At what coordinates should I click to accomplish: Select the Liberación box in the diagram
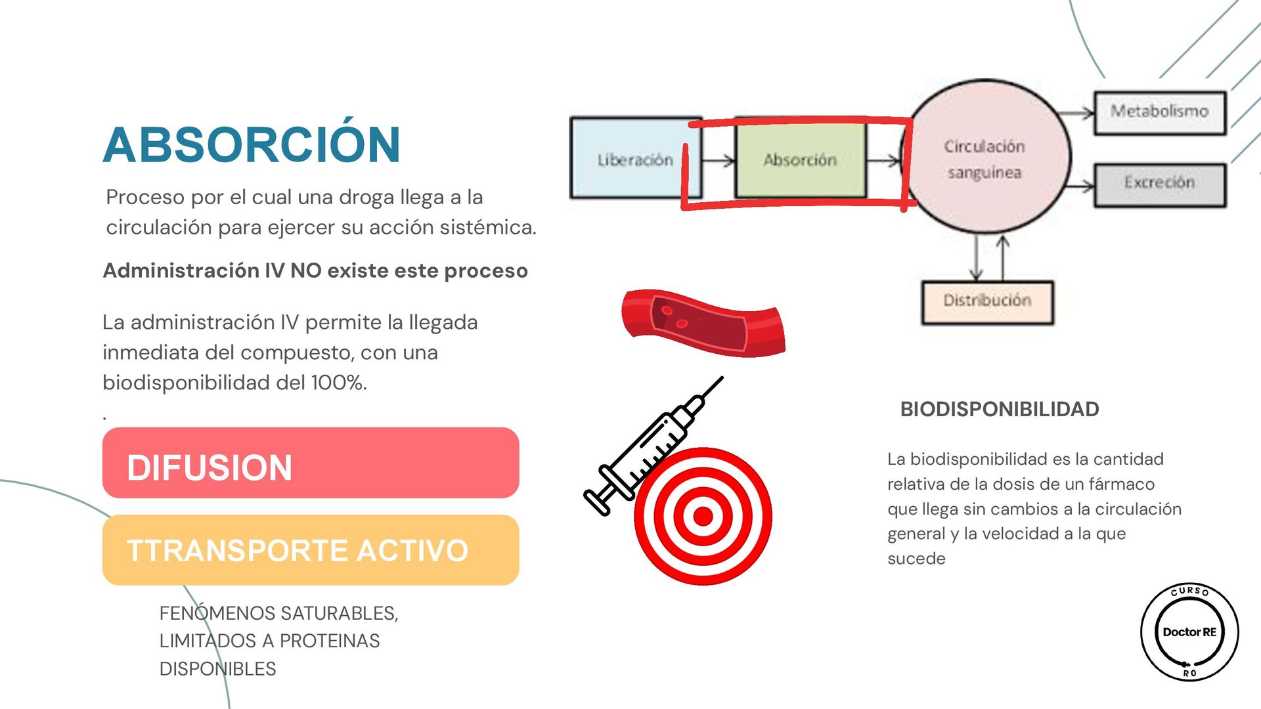tap(634, 158)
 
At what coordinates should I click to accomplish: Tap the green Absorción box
tap(800, 159)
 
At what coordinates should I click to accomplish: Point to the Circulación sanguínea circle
tap(985, 158)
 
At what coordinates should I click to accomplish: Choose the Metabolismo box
tap(1159, 112)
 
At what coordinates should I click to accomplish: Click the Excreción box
tap(1159, 184)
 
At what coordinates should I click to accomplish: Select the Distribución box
tap(987, 301)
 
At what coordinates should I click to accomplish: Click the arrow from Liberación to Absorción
tap(718, 160)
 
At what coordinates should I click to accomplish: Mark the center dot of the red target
tap(703, 516)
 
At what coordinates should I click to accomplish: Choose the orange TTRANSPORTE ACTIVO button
tap(311, 550)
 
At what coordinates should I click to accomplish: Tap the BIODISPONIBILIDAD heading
tap(999, 409)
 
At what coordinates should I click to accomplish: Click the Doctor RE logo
tap(1189, 632)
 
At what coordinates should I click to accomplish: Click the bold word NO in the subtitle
tap(305, 270)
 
